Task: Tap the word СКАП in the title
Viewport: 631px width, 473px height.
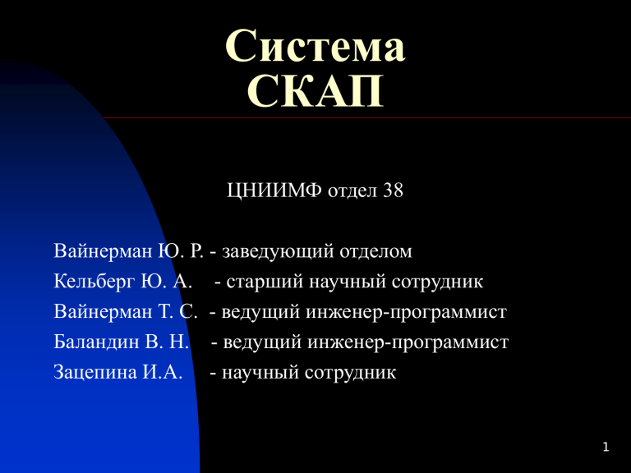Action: [x=315, y=91]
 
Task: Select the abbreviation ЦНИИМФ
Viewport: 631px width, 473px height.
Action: [x=274, y=191]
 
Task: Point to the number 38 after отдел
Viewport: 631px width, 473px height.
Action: [x=394, y=191]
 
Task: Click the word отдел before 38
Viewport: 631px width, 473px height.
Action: [x=352, y=191]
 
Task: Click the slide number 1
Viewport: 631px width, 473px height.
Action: [x=606, y=447]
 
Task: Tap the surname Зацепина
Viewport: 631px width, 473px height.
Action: [x=95, y=373]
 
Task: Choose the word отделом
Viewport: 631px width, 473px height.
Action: [x=375, y=252]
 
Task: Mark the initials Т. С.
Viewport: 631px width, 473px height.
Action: [x=177, y=312]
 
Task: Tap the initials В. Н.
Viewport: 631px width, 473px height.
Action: [x=167, y=342]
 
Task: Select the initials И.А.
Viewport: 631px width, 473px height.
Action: [x=162, y=372]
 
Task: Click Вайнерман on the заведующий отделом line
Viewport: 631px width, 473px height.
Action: [x=103, y=252]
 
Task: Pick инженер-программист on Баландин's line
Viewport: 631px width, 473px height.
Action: [x=408, y=342]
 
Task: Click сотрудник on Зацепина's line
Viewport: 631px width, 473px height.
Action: [x=350, y=373]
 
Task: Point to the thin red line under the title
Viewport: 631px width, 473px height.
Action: [x=367, y=118]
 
